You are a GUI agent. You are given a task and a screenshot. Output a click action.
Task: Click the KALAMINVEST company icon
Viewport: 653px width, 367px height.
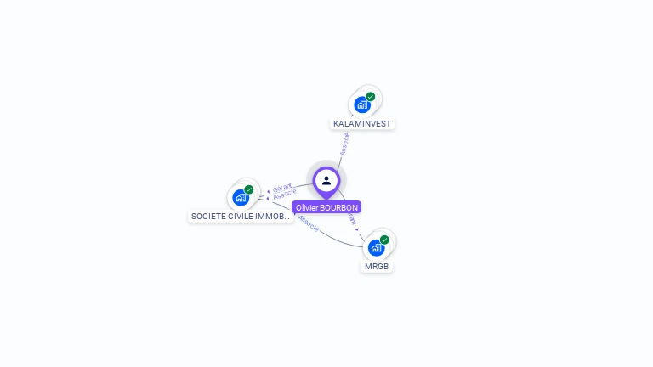(x=362, y=105)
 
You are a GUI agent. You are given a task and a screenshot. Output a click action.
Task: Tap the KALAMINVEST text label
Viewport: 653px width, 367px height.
(x=362, y=123)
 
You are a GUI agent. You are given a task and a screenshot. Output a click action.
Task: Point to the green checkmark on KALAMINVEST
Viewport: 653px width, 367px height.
(x=371, y=97)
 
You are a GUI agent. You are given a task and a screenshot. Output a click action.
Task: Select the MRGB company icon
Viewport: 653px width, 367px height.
(x=376, y=248)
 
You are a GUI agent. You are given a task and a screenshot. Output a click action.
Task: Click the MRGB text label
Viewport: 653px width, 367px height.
(x=377, y=267)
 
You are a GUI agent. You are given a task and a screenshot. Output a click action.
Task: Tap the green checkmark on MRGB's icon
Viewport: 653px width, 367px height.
(x=384, y=240)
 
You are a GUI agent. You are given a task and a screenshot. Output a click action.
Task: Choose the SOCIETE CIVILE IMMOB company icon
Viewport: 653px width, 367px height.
(x=241, y=198)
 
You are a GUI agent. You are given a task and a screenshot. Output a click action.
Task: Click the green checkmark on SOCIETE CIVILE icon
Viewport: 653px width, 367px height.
(x=249, y=189)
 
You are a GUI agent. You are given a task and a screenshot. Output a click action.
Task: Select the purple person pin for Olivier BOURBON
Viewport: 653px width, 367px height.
(x=326, y=181)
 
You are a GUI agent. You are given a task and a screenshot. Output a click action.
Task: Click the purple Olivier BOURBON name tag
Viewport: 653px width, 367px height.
(x=326, y=207)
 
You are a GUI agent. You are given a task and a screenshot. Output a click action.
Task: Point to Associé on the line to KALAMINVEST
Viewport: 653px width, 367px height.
(x=344, y=143)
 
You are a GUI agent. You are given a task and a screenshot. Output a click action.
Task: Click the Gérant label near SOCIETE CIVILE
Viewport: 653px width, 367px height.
(x=281, y=188)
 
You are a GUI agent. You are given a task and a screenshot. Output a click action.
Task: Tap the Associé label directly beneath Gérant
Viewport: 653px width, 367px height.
(x=285, y=195)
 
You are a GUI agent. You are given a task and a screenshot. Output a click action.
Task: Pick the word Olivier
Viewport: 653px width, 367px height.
(x=307, y=207)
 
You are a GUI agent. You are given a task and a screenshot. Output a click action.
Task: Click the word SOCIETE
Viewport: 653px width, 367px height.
(x=208, y=217)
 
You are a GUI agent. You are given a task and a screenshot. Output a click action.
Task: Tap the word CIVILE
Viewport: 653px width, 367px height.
(x=242, y=217)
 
